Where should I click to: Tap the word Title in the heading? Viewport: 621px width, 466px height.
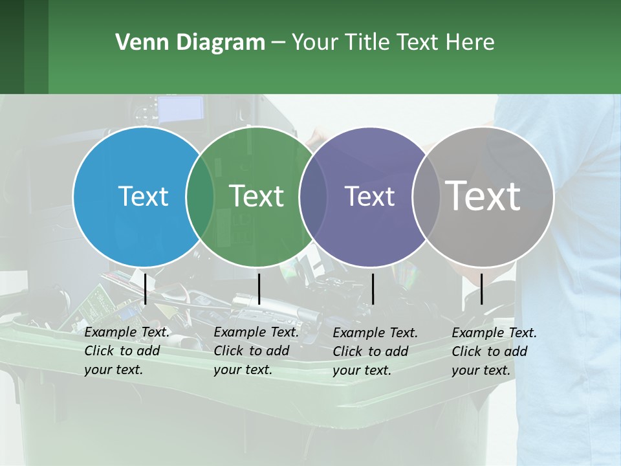point(368,43)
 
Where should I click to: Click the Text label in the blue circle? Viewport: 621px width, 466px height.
point(143,196)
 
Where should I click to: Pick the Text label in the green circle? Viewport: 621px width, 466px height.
point(257,196)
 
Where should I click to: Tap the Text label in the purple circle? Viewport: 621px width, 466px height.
point(369,196)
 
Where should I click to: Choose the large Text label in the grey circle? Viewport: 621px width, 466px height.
point(483,196)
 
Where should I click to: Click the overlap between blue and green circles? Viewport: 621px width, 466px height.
point(200,196)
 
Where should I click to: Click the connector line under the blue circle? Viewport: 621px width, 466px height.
point(146,289)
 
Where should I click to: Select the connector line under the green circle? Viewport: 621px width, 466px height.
point(259,289)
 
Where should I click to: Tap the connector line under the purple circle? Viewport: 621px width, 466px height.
point(373,289)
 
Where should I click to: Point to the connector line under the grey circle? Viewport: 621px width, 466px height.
point(481,289)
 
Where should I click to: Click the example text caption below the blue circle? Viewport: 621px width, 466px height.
point(127,351)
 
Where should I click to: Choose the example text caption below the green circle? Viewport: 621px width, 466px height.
point(256,351)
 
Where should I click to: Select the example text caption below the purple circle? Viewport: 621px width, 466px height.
point(375,351)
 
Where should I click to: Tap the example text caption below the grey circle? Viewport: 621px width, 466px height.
point(494,351)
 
